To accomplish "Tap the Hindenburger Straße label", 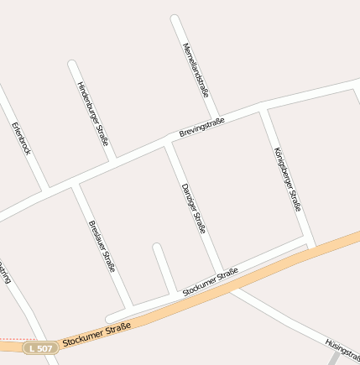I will click(x=92, y=113).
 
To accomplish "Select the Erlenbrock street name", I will click(x=21, y=138).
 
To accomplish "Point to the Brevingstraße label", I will click(x=202, y=128).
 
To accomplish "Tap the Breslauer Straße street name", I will click(x=101, y=246).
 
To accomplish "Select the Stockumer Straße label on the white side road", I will click(x=211, y=282).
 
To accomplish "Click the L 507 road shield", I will click(x=39, y=347).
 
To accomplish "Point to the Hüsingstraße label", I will click(x=342, y=347).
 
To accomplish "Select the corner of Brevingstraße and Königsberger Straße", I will click(x=264, y=107).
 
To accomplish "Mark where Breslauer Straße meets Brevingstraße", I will click(x=75, y=185).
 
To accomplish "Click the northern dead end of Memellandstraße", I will click(x=175, y=18).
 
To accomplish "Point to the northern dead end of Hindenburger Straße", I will click(x=71, y=64).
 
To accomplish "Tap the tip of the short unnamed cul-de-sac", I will click(x=156, y=247).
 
